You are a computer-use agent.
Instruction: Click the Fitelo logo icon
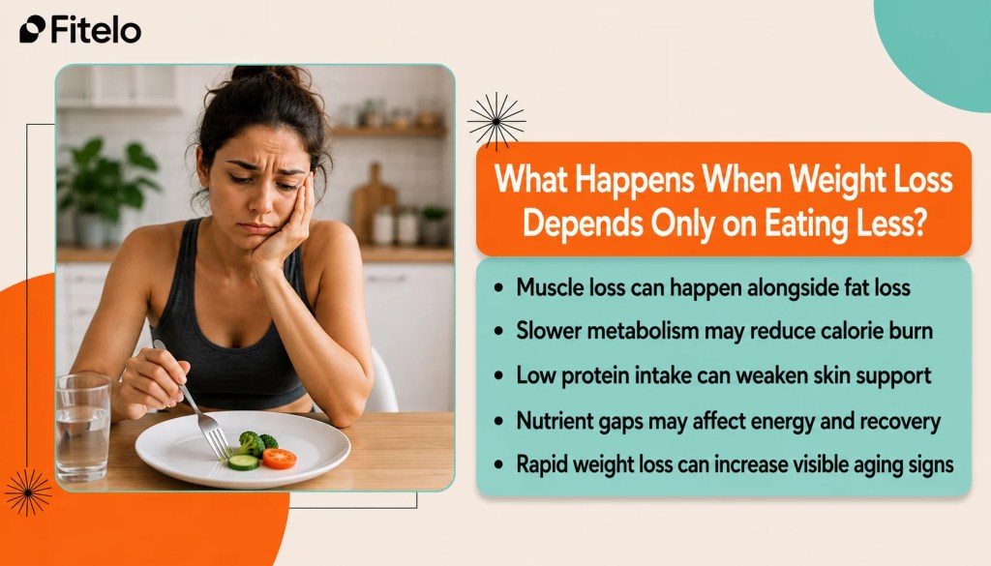32,29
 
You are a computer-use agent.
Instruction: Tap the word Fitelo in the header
96,29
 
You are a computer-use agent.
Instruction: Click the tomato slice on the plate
280,458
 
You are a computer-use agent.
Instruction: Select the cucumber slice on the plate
243,462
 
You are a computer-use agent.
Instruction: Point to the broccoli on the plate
255,442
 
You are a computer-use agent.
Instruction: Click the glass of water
83,428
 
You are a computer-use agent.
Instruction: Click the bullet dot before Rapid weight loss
499,465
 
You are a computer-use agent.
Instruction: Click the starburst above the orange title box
496,121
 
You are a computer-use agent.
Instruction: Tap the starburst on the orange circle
28,492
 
